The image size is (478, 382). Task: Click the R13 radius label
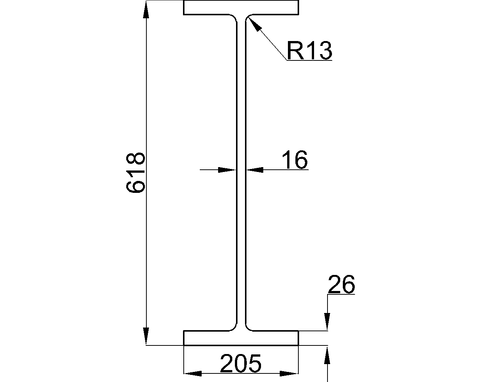coord(310,50)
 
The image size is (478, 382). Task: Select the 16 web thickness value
coord(295,160)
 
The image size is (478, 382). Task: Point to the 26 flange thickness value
coord(341,284)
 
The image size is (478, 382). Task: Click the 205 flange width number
coord(240,363)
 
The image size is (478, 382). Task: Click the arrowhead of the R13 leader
coord(255,24)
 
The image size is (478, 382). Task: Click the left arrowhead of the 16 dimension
coord(227,170)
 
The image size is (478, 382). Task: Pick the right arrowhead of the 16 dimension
coord(255,170)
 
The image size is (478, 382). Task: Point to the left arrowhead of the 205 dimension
coord(193,373)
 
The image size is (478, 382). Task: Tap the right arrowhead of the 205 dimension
coord(289,373)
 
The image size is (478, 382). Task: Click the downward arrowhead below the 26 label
coord(327,322)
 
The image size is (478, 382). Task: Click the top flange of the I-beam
coord(241,7)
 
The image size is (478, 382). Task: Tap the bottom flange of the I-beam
coord(241,338)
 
